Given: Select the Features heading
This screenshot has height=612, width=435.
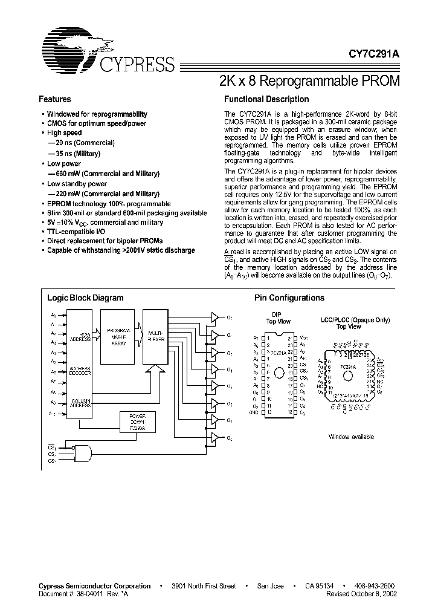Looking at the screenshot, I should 55,99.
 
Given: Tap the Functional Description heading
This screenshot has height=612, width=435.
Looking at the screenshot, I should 266,99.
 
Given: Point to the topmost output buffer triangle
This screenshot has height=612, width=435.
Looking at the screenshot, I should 214,316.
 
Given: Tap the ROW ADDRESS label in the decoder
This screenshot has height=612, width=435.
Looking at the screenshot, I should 81,337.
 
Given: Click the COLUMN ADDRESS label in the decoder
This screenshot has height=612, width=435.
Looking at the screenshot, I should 81,403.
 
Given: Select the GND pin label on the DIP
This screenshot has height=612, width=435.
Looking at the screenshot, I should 254,412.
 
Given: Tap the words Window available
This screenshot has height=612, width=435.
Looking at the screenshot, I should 351,437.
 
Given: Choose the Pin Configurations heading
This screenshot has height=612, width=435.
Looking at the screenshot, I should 289,298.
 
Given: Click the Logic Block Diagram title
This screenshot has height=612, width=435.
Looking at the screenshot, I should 86,298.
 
